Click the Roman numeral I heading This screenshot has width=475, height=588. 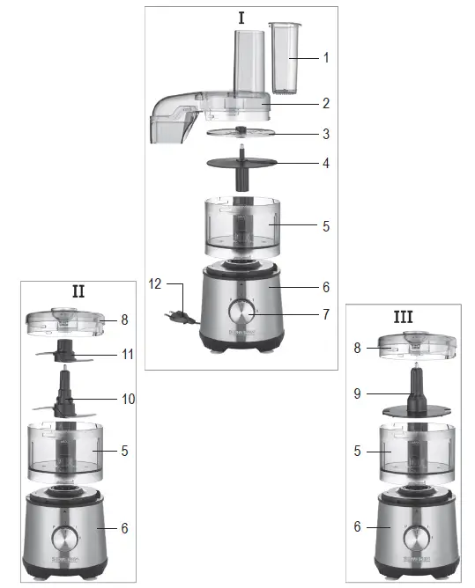click(241, 18)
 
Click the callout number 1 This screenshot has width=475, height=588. click(325, 58)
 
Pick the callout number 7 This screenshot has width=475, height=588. click(325, 313)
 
